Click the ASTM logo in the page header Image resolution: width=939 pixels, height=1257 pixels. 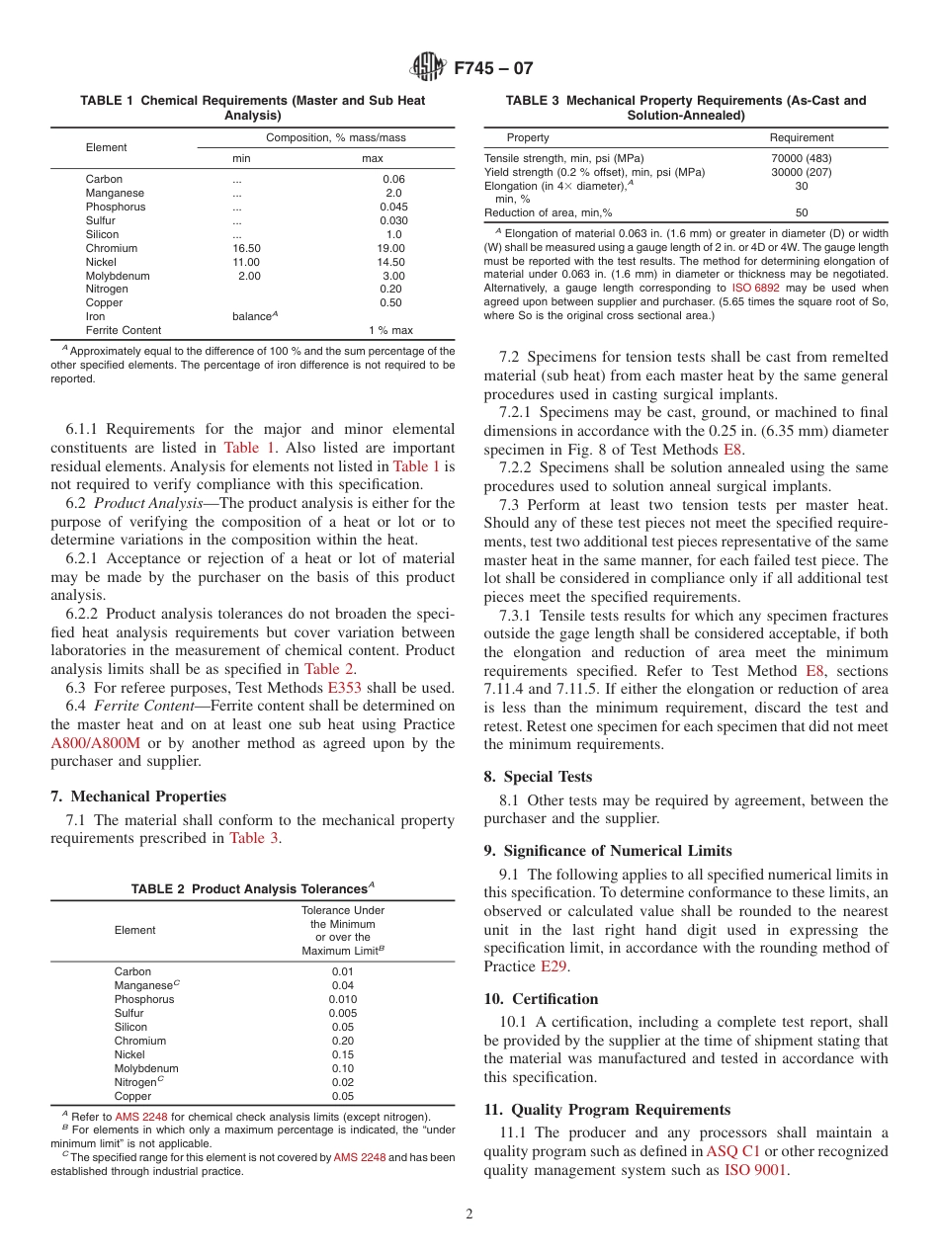pyautogui.click(x=428, y=68)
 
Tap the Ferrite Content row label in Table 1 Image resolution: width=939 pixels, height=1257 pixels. pyautogui.click(x=124, y=330)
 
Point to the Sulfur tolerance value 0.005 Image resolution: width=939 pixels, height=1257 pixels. pyautogui.click(x=343, y=1013)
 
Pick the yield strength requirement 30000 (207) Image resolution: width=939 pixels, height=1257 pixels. pyautogui.click(x=802, y=172)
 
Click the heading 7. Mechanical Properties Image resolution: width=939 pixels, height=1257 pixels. pyautogui.click(x=137, y=796)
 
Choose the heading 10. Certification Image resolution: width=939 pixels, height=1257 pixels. pyautogui.click(x=541, y=999)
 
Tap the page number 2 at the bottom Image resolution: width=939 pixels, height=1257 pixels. pyautogui.click(x=469, y=1215)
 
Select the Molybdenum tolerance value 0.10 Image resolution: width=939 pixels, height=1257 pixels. pyautogui.click(x=343, y=1068)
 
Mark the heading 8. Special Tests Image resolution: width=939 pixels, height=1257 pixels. pyautogui.click(x=539, y=777)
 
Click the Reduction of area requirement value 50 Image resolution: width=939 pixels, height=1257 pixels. pyautogui.click(x=802, y=212)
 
